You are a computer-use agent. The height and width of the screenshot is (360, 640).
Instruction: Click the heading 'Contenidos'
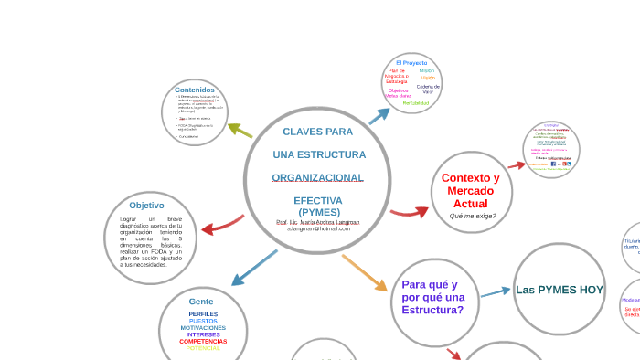tap(195, 90)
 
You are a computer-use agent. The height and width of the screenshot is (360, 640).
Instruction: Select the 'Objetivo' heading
tap(146, 206)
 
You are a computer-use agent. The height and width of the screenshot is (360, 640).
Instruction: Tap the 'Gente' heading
tap(201, 302)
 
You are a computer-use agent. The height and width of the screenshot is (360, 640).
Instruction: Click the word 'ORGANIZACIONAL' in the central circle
tap(317, 177)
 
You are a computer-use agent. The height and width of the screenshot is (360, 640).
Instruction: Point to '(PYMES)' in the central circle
tap(318, 212)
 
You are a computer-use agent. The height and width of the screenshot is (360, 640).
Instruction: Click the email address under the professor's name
tap(318, 228)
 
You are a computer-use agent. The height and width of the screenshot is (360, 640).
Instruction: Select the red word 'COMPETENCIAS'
tap(203, 341)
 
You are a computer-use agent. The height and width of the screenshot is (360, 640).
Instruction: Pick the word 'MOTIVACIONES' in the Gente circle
tap(203, 327)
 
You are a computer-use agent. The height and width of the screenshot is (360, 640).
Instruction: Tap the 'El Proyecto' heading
tap(411, 62)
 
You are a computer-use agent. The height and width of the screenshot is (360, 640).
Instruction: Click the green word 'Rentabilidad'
tap(416, 103)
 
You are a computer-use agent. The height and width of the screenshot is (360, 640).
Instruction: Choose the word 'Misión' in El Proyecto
tap(427, 70)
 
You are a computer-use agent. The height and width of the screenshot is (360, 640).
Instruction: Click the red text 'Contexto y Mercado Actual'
tap(471, 190)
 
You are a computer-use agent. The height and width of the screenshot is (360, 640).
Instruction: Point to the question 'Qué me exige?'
tap(472, 216)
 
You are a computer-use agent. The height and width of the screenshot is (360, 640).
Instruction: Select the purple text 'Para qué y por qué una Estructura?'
tap(433, 297)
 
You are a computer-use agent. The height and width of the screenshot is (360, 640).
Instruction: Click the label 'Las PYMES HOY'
tap(560, 290)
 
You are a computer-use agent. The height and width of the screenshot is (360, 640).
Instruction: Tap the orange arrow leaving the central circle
tap(365, 272)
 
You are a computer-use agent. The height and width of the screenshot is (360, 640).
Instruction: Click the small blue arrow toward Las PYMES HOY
tap(496, 292)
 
